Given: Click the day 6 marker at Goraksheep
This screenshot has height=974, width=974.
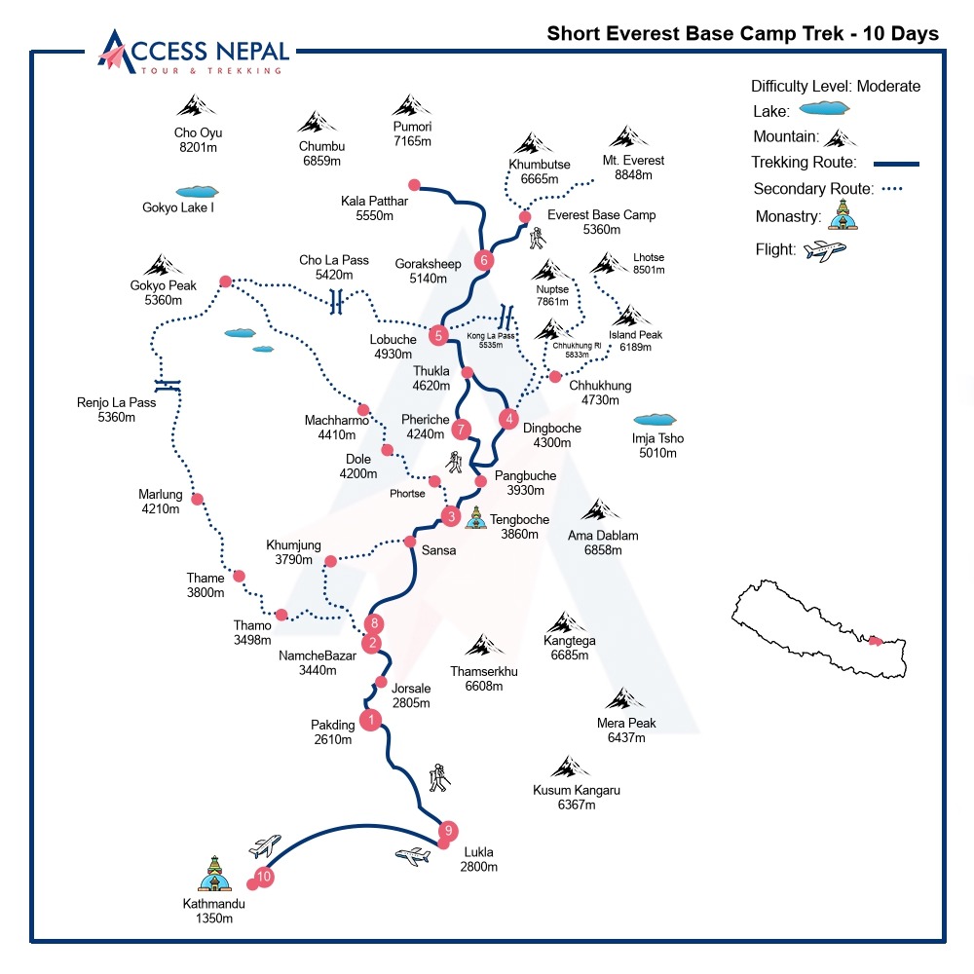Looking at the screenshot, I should (484, 260).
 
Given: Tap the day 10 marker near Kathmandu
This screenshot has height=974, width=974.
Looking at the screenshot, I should (264, 877).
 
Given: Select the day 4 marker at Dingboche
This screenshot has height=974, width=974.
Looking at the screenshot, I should (507, 420).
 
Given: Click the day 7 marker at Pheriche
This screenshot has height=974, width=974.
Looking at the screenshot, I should (462, 429).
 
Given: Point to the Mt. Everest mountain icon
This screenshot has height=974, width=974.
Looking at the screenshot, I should (623, 137).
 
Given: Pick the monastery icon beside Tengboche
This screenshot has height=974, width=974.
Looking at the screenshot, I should (475, 518).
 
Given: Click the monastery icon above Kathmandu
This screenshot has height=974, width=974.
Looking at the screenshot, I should (214, 874).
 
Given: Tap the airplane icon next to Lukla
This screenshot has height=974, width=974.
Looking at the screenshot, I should (413, 856).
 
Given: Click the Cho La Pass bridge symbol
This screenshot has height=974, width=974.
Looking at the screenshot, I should (337, 302).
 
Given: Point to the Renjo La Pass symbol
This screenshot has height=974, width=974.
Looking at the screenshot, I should (168, 384).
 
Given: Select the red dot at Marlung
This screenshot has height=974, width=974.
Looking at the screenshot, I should (198, 500).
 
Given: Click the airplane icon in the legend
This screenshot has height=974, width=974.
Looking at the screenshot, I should (825, 250).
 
